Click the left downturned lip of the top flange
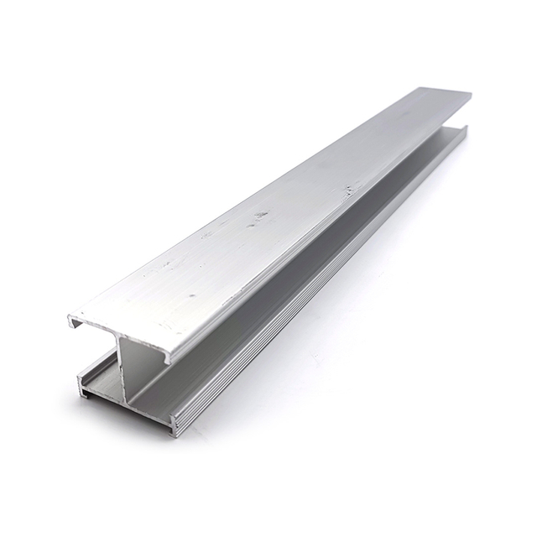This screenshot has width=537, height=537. tap(73, 321)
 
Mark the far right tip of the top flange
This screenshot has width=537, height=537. tap(470, 96)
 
